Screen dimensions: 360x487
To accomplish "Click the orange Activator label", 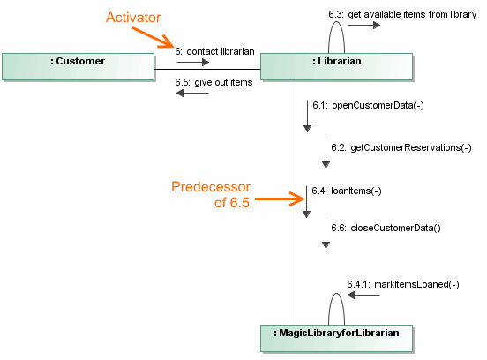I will click(132, 18).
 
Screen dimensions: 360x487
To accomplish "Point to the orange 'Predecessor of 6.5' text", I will click(211, 196).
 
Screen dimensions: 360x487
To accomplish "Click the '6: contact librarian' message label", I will click(214, 51).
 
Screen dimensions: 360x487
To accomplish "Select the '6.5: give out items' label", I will click(214, 82).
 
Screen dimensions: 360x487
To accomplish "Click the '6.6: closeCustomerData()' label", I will click(384, 228).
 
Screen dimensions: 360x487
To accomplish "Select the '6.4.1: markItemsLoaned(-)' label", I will click(403, 283).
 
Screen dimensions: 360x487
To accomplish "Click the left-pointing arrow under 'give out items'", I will click(192, 94).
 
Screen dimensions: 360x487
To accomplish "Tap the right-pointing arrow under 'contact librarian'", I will click(193, 63).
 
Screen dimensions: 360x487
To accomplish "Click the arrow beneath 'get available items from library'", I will click(363, 26).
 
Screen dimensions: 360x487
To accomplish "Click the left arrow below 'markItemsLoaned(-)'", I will click(363, 295).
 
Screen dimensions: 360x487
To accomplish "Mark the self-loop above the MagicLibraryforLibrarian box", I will click(336, 306).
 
